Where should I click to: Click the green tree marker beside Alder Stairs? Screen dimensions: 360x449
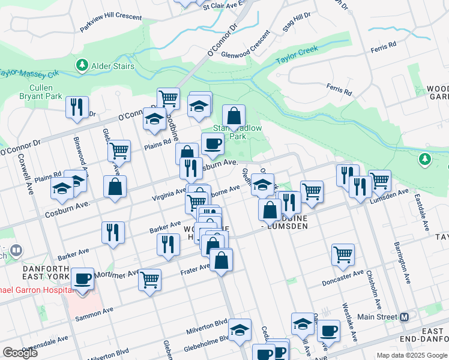[81, 65]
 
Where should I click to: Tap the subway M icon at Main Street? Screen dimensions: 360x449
[404, 317]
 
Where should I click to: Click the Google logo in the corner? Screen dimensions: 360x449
[20, 353]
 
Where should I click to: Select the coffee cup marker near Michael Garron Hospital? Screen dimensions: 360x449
[82, 280]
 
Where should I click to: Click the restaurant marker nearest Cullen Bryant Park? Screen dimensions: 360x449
[77, 107]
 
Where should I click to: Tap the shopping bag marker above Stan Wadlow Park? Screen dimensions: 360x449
[234, 116]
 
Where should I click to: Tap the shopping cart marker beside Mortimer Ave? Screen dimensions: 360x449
[149, 279]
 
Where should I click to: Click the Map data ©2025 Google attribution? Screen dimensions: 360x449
[412, 355]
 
